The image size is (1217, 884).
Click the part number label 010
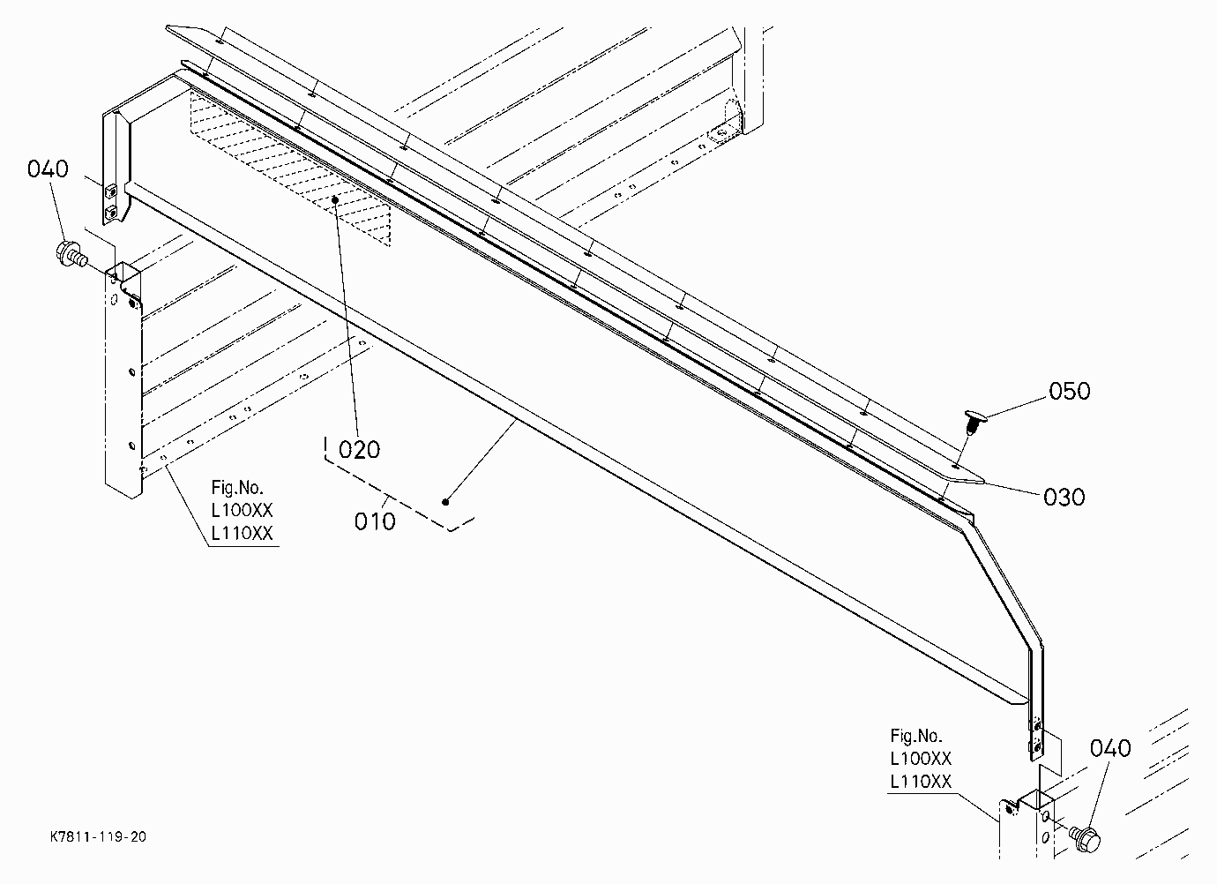coord(374,522)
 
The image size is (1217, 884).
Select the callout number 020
coord(359,450)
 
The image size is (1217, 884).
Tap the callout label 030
coord(1064,498)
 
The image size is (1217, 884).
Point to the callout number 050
coord(1069,392)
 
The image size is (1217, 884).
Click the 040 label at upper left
coord(48,169)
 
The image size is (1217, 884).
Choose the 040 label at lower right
coord(1110,749)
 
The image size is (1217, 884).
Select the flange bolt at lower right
coord(1085,838)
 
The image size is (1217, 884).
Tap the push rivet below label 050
coord(973,422)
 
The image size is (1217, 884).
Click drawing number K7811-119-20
coord(99,836)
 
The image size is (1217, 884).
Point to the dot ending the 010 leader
coord(445,502)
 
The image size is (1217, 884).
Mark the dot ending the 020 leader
coord(336,200)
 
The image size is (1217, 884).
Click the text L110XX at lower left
coord(242,534)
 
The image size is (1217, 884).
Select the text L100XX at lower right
coord(921,759)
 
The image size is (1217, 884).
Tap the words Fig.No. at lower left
coord(237,488)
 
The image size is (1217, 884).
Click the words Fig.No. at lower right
coord(916,736)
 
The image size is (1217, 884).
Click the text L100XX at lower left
coord(242,511)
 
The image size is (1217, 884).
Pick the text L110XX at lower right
coord(921,782)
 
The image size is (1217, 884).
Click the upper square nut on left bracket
coord(111,191)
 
